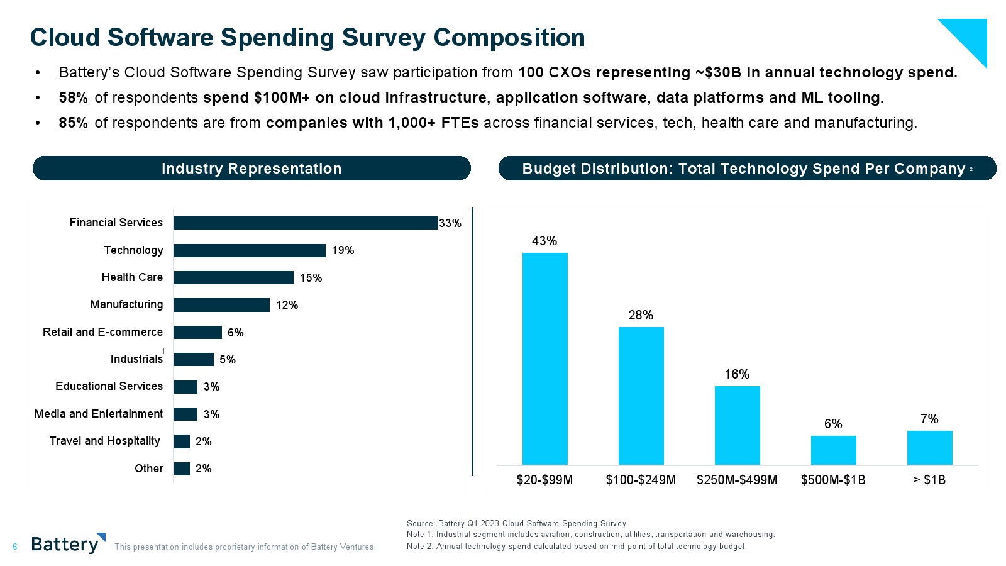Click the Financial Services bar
[306, 223]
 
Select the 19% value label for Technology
[343, 250]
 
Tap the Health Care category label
[132, 277]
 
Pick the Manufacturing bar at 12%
[221, 305]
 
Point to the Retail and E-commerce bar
[197, 332]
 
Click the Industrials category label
[136, 359]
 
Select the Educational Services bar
[185, 387]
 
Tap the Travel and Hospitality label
[105, 441]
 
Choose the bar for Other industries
[182, 469]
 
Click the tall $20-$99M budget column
[544, 358]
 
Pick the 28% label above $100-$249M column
[641, 315]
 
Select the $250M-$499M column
[737, 425]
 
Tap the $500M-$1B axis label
[833, 480]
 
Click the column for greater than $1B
[929, 448]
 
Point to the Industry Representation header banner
[251, 169]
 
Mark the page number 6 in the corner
[15, 547]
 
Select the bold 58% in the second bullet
[73, 97]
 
